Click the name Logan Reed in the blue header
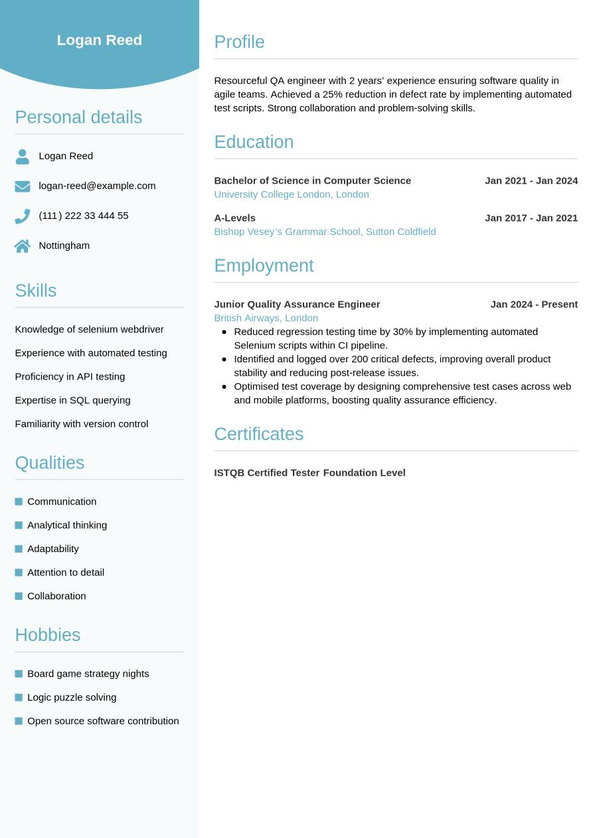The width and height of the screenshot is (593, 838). (100, 40)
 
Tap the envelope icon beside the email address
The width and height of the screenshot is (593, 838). (23, 186)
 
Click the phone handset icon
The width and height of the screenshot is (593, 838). (23, 216)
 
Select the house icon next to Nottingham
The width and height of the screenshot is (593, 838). (23, 246)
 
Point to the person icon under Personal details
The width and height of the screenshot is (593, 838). (23, 157)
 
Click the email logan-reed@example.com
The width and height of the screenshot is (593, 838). (97, 186)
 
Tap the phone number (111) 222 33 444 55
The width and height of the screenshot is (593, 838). (84, 216)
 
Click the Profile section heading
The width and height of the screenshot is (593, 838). (239, 42)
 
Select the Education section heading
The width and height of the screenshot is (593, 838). (254, 142)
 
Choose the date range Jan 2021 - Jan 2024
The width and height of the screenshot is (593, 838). (531, 180)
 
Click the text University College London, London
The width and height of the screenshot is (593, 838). (291, 194)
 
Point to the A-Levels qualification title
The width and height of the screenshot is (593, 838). (234, 218)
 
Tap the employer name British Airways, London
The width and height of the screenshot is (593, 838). (266, 318)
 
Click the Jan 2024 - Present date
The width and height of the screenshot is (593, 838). (534, 304)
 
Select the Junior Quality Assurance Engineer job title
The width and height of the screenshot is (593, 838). (297, 304)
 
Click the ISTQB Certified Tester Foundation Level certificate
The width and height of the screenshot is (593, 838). (309, 472)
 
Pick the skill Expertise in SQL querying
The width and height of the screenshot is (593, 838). (72, 400)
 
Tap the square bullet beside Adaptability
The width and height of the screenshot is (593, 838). (19, 549)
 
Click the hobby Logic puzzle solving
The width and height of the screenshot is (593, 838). (72, 697)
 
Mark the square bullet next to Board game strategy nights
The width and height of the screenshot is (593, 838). (19, 673)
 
